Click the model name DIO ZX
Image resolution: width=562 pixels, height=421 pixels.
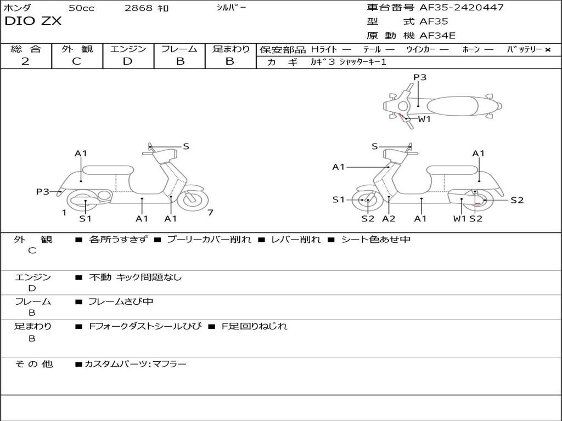coord(33,22)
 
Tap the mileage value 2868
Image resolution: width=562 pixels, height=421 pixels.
coord(139,8)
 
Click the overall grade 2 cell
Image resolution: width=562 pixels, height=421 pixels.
coord(26,61)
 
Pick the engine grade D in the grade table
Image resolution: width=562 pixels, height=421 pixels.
coord(127,61)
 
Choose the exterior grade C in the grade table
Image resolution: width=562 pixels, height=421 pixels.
coord(76,61)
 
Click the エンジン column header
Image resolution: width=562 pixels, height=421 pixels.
coord(128,49)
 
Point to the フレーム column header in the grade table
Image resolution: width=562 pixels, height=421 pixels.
coord(179,49)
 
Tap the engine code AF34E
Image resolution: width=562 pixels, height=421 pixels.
coord(437,36)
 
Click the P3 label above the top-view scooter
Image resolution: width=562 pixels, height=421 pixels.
coord(420,77)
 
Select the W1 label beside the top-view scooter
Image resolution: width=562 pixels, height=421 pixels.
coord(424,119)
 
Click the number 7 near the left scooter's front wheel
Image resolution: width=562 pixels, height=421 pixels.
coord(210,213)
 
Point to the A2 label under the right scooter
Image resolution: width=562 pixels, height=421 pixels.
coord(389,219)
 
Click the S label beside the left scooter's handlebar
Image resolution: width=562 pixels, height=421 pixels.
coord(186,146)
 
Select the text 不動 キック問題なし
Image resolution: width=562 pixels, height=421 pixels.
coord(135,277)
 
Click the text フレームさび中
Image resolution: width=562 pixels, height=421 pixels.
coord(121,302)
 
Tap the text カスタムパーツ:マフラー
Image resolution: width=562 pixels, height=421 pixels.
coord(136,364)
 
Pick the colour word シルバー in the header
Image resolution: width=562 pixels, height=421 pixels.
coord(232,8)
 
